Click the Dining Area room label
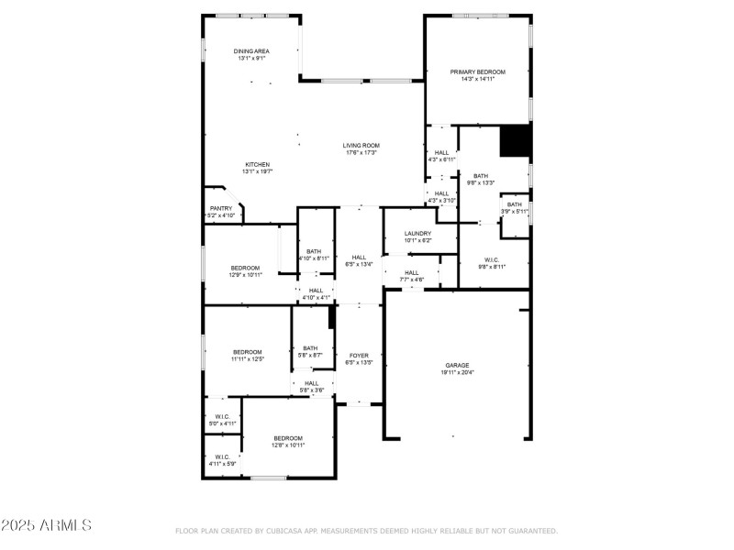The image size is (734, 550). [x=251, y=51]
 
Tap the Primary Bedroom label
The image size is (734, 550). [x=477, y=71]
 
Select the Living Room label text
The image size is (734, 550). [x=361, y=146]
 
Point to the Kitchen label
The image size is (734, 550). [x=257, y=165]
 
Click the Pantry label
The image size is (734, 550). [x=221, y=209]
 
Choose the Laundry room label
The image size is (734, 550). [x=418, y=234]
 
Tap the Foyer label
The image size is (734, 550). [x=358, y=356]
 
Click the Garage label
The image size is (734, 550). [x=457, y=365]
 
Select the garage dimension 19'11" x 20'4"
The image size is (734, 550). [x=457, y=372]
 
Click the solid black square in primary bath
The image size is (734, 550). [x=515, y=141]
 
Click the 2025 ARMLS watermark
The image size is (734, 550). [x=46, y=525]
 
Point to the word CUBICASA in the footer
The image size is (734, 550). [x=285, y=531]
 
